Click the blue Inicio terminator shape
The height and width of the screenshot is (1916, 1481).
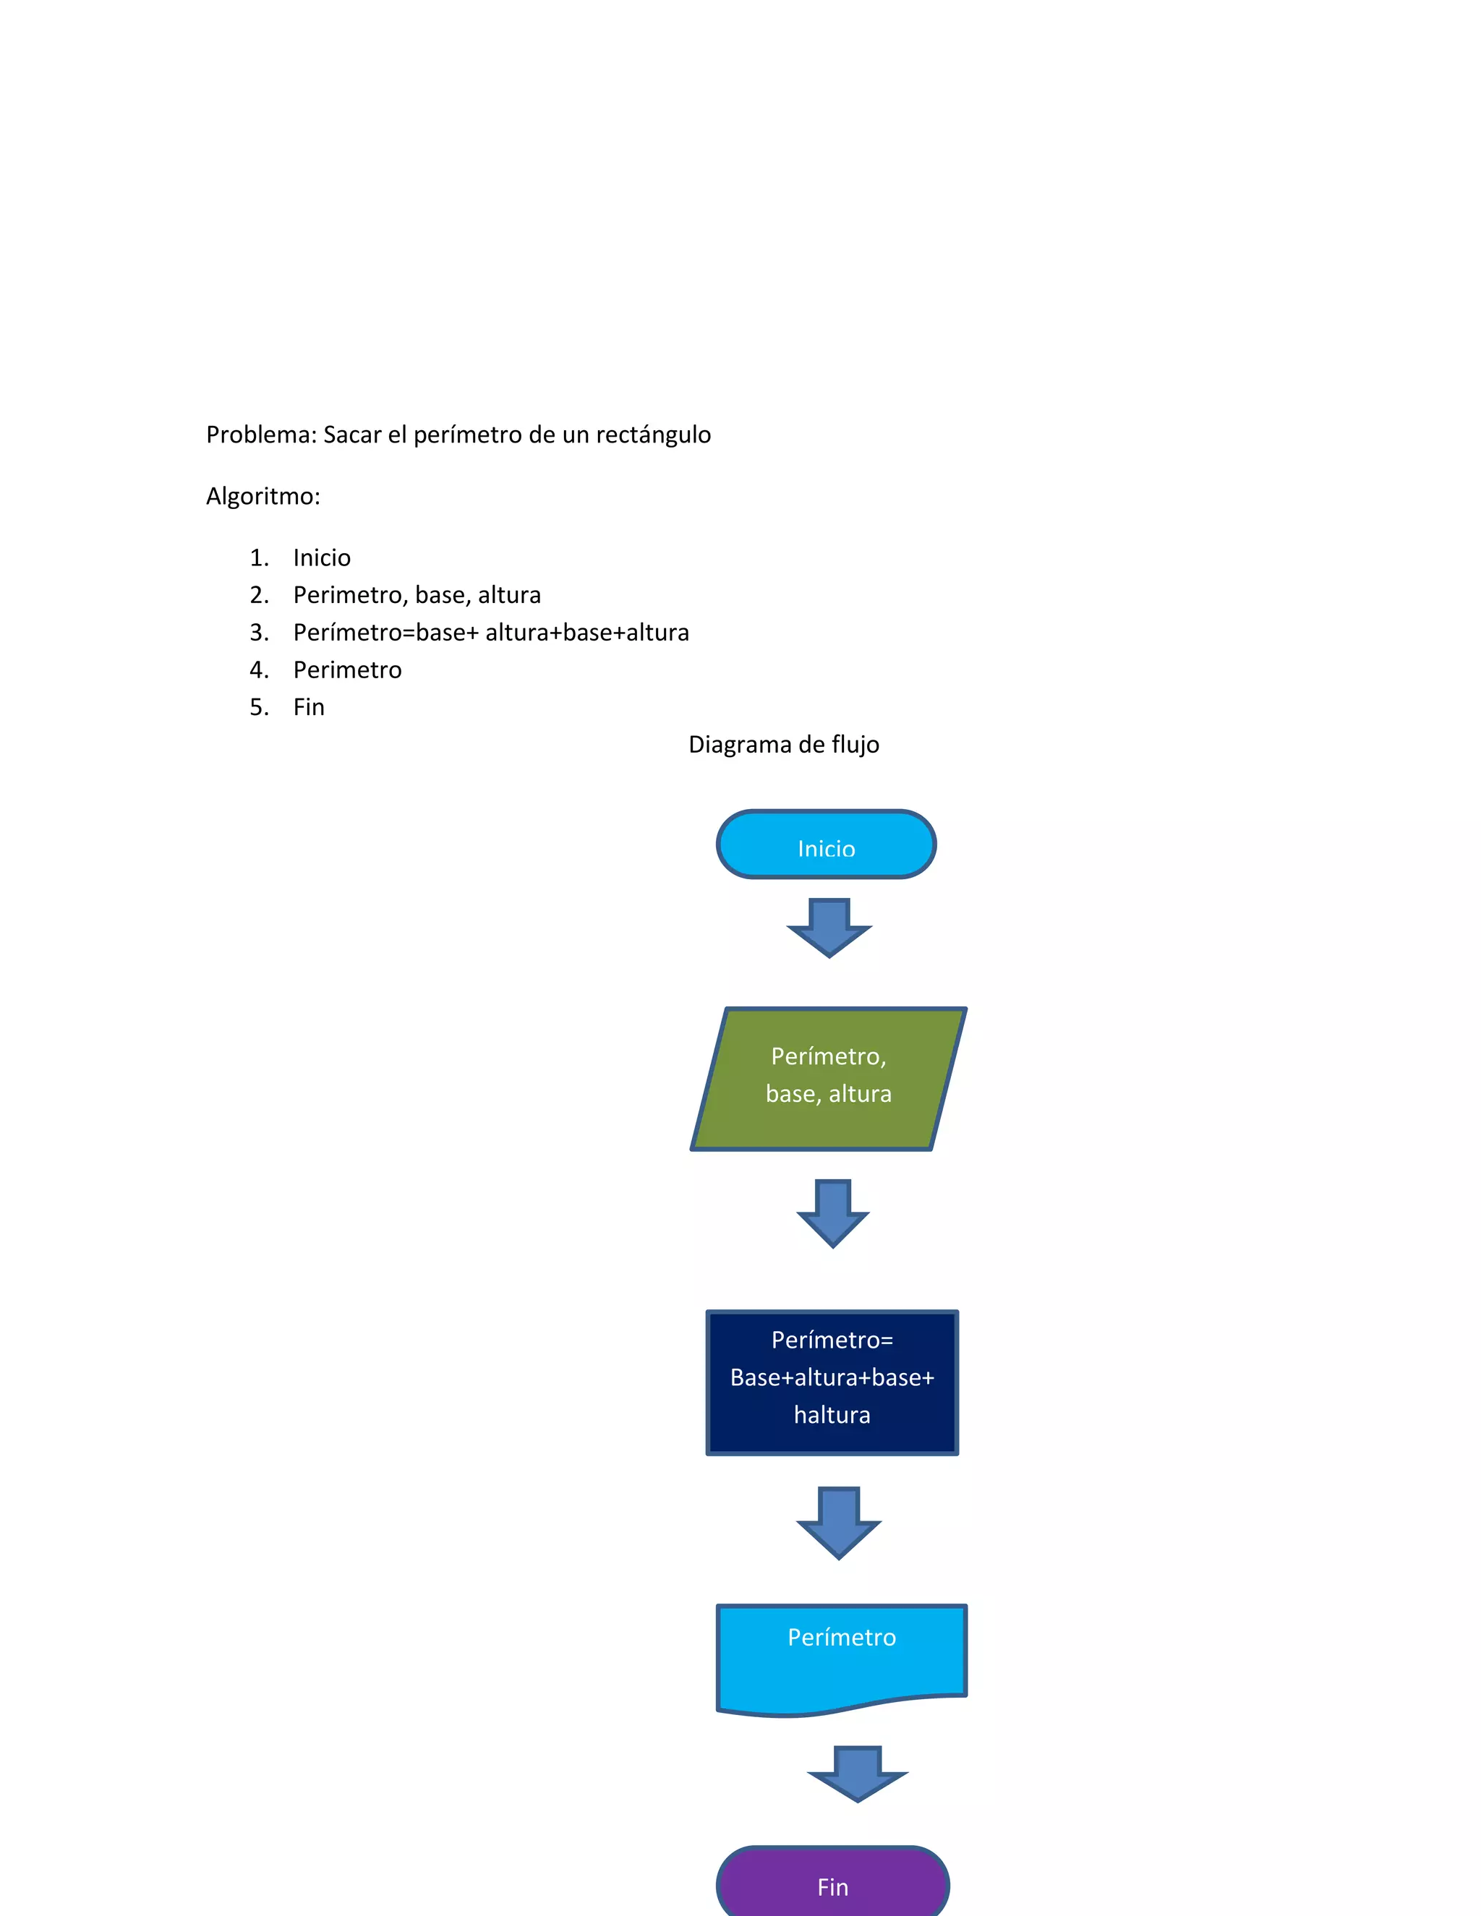coord(826,844)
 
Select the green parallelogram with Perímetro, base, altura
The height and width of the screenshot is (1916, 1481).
coord(828,1078)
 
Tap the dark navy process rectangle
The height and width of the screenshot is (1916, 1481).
coord(832,1382)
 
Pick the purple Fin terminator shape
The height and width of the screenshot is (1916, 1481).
coord(832,1884)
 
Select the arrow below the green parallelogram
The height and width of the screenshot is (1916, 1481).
coord(832,1213)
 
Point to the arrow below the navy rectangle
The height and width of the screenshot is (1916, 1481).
coord(838,1522)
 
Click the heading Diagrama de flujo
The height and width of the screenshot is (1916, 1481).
coord(783,745)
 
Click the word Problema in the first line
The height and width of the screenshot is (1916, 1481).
coord(259,435)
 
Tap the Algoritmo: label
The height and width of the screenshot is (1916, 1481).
coord(263,497)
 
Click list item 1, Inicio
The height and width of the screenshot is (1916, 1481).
coord(321,558)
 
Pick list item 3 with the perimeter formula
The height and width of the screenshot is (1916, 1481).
coord(490,633)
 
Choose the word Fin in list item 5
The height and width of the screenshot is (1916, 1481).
coord(309,707)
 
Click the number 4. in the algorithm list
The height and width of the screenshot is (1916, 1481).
coord(259,670)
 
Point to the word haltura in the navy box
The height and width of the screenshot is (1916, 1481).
coord(832,1415)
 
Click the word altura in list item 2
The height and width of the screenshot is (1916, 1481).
coord(509,596)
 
